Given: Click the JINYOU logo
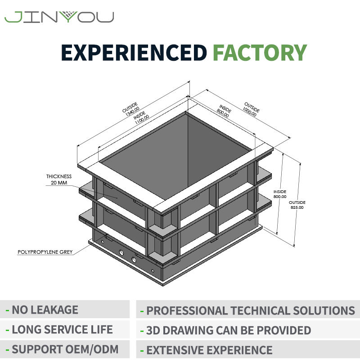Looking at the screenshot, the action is point(59,17).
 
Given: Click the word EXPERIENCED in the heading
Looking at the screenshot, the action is point(134,53).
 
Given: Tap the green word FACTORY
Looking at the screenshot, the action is point(260,53).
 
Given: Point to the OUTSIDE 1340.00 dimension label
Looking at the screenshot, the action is point(131,109).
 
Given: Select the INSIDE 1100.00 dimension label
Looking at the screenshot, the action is point(141,118).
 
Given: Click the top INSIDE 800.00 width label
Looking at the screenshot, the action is point(224,111).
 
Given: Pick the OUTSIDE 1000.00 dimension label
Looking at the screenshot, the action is point(251,109).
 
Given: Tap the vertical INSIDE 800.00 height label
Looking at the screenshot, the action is point(280,194).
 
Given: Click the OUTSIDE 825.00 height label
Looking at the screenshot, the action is point(297,205).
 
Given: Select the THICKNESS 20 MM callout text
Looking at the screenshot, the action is point(59,180).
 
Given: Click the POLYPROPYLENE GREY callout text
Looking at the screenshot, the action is point(45,252).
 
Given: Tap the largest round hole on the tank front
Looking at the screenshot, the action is point(134,260).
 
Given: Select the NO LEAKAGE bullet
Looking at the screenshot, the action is point(42,310).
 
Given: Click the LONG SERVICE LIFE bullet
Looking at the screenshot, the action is point(59,329).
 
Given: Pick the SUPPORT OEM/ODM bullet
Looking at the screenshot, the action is point(62,349).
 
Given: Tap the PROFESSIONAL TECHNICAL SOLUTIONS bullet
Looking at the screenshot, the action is point(248,310).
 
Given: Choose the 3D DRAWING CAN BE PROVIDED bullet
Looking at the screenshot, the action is point(226,330).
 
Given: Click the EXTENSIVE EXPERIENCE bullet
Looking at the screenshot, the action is point(207,351).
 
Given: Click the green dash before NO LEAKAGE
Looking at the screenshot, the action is point(7,310).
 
